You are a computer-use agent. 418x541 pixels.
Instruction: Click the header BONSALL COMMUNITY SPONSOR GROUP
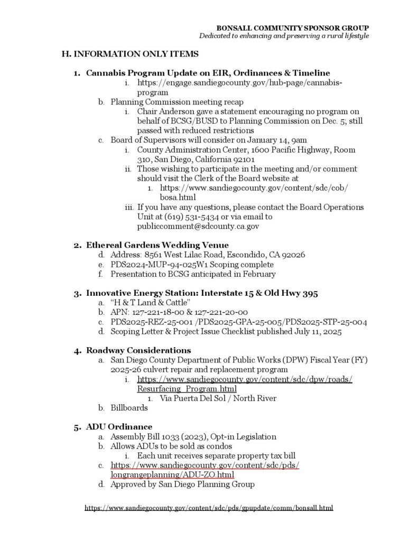[x=293, y=27]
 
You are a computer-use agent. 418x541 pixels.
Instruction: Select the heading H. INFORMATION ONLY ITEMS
[x=130, y=54]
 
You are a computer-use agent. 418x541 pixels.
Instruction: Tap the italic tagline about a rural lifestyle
[x=283, y=36]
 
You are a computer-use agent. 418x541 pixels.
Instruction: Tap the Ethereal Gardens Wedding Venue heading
[x=157, y=245]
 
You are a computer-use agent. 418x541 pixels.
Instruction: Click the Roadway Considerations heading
[x=138, y=350]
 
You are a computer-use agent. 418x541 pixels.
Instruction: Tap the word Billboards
[x=129, y=408]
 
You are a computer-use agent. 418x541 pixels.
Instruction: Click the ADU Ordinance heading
[x=119, y=427]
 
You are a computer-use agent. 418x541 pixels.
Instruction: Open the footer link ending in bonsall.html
[x=209, y=508]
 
